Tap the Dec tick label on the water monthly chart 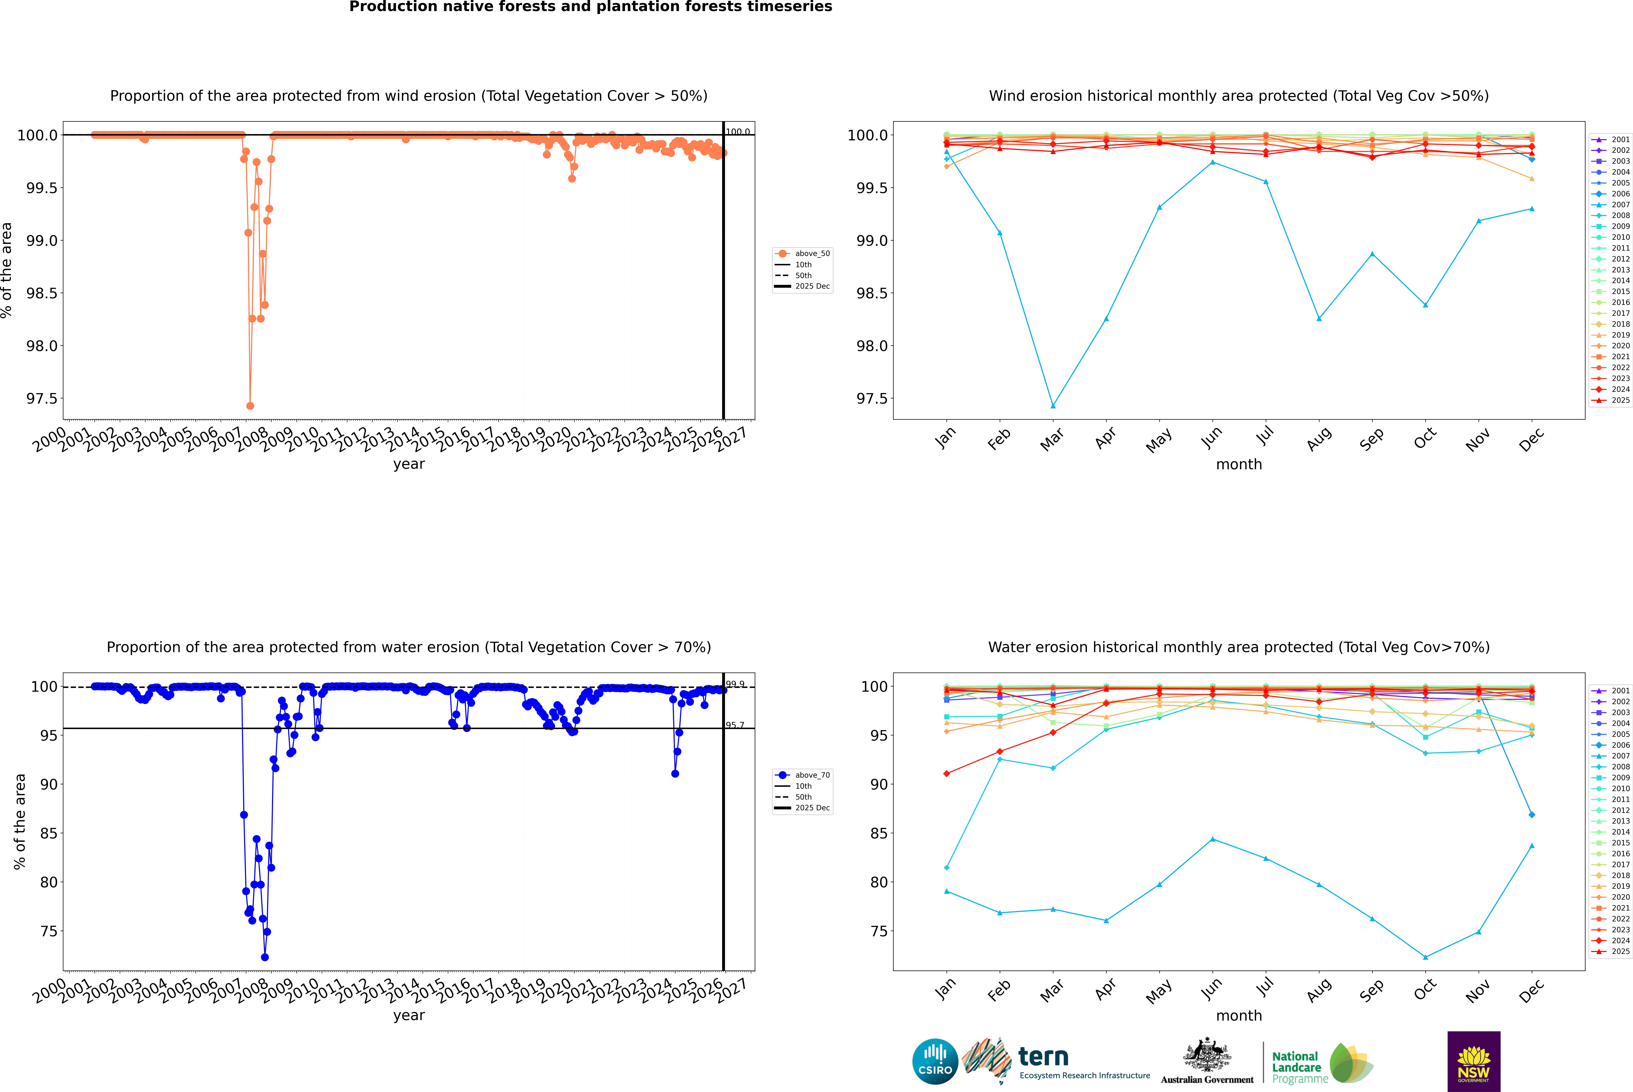(1531, 990)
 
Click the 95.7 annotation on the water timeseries (735, 725)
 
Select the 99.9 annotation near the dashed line (735, 684)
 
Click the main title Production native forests (590, 7)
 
